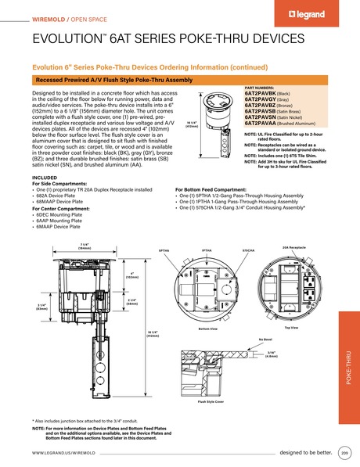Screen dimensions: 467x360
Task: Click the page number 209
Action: coord(344,453)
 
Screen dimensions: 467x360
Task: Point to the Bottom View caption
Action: coord(208,329)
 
